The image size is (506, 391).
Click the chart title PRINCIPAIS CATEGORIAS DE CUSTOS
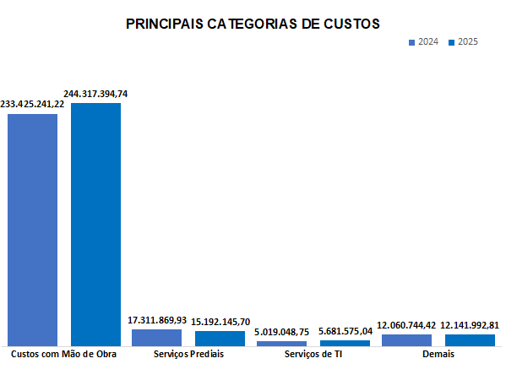[x=253, y=24]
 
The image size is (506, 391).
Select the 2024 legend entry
[x=423, y=42]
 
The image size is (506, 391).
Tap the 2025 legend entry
[x=464, y=42]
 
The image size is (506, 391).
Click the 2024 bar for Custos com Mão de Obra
[x=33, y=229]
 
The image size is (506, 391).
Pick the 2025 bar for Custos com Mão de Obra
[x=95, y=224]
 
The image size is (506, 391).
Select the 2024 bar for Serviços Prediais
[x=157, y=337]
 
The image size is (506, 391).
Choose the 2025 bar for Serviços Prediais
[x=220, y=338]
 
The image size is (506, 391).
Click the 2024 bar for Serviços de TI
[x=282, y=343]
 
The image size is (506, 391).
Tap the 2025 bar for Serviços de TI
[x=345, y=342]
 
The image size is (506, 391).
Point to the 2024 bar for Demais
[x=406, y=339]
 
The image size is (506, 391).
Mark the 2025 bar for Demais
[x=470, y=339]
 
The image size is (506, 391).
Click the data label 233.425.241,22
[x=32, y=104]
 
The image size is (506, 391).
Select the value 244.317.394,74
[x=95, y=94]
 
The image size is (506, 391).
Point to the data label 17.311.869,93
[x=157, y=321]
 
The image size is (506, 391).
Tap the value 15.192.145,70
[x=220, y=322]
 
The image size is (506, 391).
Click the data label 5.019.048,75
[x=282, y=333]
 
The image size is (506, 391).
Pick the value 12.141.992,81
[x=470, y=325]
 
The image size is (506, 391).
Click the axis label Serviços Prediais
[x=189, y=355]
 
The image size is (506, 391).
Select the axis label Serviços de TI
[x=313, y=355]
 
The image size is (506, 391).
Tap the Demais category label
[x=438, y=355]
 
